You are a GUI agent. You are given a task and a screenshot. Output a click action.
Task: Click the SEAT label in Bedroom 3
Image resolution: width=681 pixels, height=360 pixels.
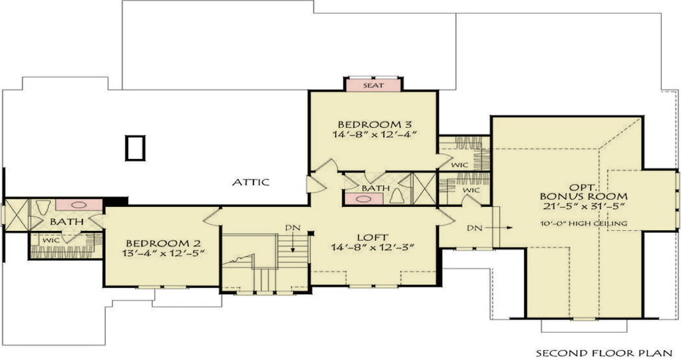(x=373, y=85)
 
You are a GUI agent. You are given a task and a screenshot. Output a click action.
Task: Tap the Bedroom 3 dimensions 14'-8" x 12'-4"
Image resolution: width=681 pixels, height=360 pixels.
(x=375, y=134)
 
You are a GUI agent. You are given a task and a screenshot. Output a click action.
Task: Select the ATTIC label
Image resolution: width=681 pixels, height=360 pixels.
(x=251, y=182)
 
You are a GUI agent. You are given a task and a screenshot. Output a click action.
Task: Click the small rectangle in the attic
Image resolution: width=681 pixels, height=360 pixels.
(x=134, y=148)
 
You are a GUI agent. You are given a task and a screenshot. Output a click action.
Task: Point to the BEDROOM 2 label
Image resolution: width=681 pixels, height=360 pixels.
(x=164, y=243)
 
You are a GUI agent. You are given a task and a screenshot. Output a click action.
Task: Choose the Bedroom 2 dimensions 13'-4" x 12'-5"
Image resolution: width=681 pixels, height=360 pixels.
(x=164, y=253)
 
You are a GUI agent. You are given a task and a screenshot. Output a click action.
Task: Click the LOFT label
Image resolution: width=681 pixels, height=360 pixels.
(x=372, y=238)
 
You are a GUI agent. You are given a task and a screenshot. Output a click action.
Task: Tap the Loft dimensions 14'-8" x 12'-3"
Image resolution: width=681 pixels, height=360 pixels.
(x=373, y=248)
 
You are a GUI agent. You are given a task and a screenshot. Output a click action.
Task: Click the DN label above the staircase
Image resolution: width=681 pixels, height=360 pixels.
(x=293, y=228)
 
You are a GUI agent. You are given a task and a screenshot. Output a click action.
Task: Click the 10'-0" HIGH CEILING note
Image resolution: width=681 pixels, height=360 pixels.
(x=584, y=224)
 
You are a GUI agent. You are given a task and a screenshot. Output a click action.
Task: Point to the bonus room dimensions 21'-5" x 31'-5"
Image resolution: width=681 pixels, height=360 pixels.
(x=584, y=206)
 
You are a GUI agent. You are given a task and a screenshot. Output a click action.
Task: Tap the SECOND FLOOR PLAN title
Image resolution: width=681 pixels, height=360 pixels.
(x=604, y=353)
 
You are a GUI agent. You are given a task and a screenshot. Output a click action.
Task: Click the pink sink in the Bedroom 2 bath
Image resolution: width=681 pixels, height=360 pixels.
(x=78, y=204)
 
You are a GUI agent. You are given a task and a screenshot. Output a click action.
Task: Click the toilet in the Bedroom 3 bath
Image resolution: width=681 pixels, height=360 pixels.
(x=398, y=196)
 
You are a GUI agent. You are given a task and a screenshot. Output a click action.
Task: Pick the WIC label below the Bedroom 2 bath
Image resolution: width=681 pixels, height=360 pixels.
(x=51, y=240)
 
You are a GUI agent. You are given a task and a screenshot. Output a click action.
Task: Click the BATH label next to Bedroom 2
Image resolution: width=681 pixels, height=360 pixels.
(x=67, y=222)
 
